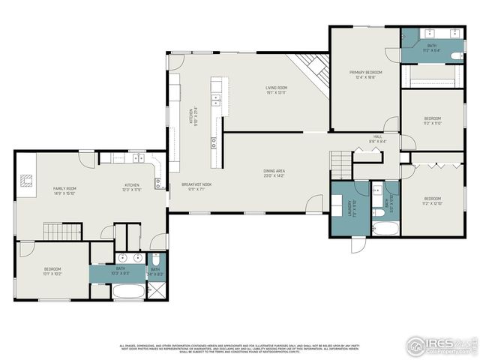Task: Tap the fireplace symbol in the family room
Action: click(x=27, y=180)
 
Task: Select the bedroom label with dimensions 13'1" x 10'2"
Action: click(x=52, y=271)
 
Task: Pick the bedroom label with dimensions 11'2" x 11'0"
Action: click(x=433, y=121)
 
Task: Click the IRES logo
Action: click(x=441, y=344)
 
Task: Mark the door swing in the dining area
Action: click(x=316, y=203)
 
